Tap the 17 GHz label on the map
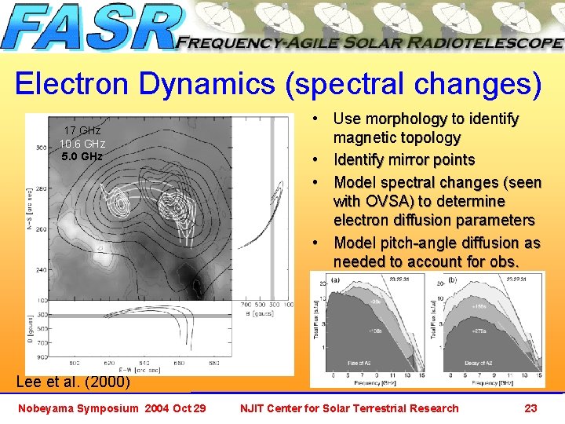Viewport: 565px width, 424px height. [82, 130]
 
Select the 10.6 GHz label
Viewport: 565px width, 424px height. [82, 144]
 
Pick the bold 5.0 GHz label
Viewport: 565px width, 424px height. [82, 156]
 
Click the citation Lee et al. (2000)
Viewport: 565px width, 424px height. [73, 383]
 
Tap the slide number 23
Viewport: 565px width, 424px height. [530, 408]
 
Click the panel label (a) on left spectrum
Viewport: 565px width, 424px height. [335, 280]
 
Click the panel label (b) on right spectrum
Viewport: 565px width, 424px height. [452, 280]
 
